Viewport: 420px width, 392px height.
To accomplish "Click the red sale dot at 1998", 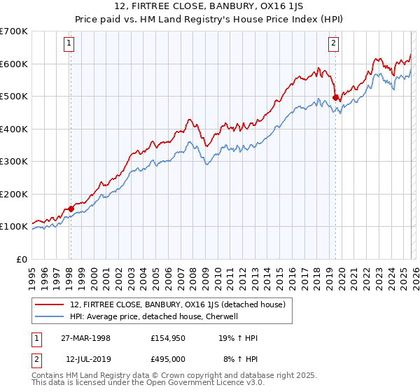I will [71, 209].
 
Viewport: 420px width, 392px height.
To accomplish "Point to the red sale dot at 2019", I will [335, 98].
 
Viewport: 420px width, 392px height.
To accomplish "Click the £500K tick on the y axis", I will [14, 97].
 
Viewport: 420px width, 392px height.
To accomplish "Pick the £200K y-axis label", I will [14, 194].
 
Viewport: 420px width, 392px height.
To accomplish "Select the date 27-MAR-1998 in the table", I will [85, 338].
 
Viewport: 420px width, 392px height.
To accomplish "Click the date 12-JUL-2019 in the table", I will [85, 359].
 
